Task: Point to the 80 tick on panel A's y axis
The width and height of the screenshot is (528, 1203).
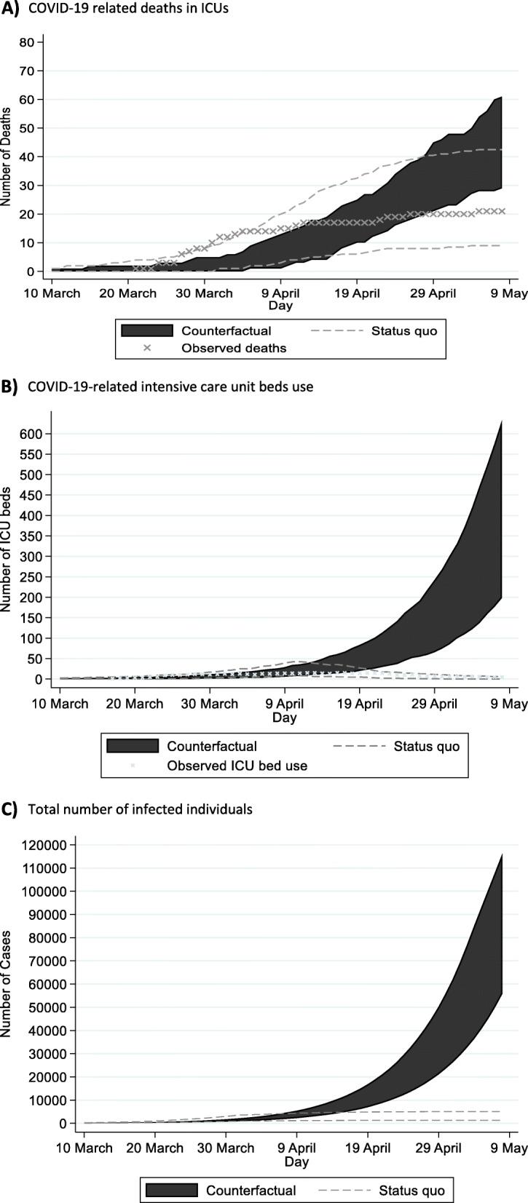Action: (27, 42)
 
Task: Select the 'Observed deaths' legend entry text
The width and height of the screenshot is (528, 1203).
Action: (234, 348)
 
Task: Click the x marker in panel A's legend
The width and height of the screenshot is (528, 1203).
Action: (147, 348)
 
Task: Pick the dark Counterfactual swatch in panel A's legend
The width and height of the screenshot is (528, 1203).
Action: (147, 331)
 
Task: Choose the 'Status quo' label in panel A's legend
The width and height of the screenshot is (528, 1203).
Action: (403, 331)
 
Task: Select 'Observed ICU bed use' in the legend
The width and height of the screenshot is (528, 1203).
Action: (237, 766)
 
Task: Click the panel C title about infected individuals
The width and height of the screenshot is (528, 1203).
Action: (140, 809)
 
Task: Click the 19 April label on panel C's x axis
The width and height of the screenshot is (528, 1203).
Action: (368, 1148)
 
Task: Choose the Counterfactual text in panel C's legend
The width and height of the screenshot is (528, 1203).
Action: (251, 1191)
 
